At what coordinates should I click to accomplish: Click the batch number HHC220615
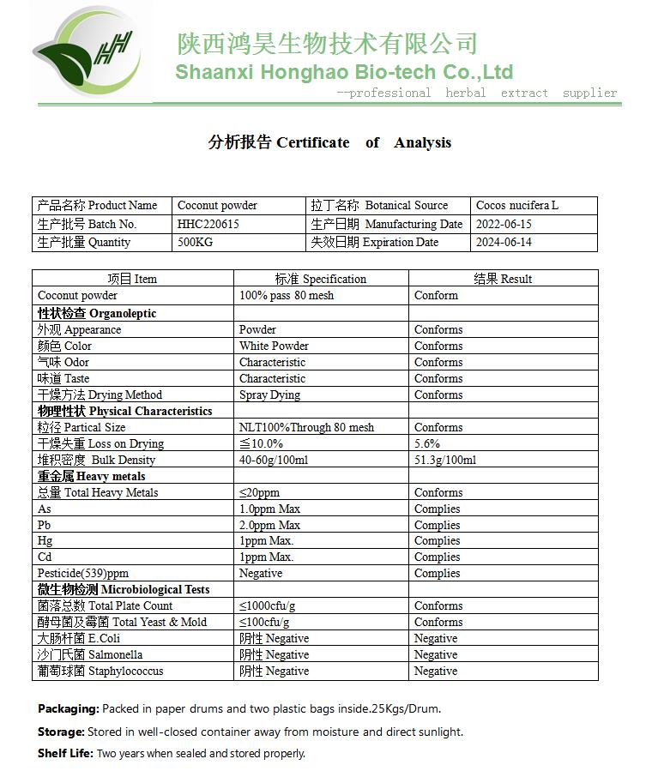click(x=208, y=224)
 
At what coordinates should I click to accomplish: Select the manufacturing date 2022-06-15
click(x=504, y=224)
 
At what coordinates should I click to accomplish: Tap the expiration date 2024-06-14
click(x=504, y=242)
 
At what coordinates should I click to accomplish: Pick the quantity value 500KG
click(x=195, y=242)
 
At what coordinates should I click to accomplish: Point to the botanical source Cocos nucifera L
click(x=516, y=206)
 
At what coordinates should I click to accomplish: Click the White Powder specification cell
click(x=274, y=346)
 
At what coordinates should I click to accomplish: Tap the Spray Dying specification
click(x=269, y=395)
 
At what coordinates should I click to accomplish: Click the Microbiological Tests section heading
click(x=123, y=589)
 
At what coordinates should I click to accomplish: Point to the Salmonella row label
click(x=90, y=654)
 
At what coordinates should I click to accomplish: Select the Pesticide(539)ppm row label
click(x=83, y=573)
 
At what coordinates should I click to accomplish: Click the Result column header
click(x=503, y=279)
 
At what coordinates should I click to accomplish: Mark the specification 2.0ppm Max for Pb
click(x=269, y=525)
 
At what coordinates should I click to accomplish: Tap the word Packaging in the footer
click(x=68, y=708)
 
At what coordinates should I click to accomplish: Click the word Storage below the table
click(x=61, y=732)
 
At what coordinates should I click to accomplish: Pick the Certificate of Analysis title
click(x=329, y=142)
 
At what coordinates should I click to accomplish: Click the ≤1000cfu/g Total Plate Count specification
click(x=274, y=605)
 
